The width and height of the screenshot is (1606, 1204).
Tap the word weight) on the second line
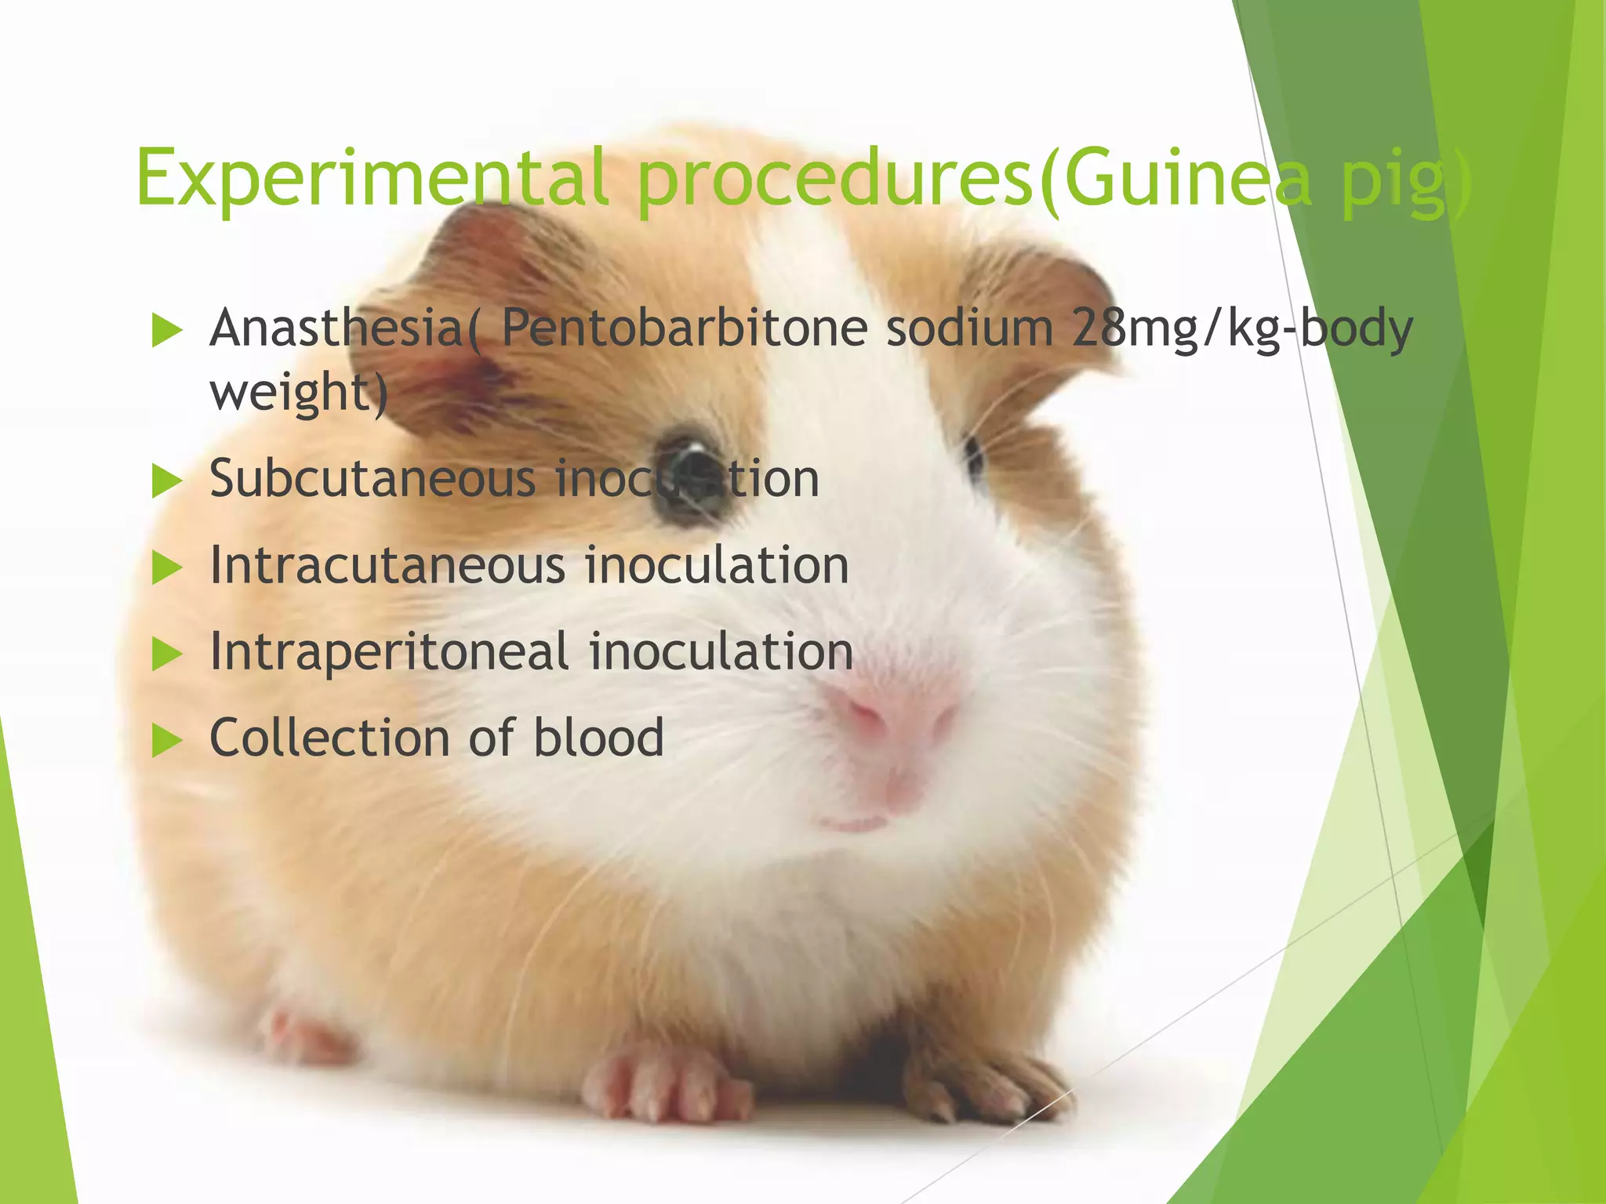tap(299, 392)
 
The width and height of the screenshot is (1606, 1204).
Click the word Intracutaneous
tap(387, 565)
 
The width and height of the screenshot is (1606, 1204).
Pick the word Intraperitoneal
tap(389, 652)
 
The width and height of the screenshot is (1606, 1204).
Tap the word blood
tap(598, 738)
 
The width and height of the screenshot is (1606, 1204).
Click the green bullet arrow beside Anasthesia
tap(167, 330)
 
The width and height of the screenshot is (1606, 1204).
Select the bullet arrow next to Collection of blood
tap(167, 740)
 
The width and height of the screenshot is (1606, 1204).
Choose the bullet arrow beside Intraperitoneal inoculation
tap(167, 654)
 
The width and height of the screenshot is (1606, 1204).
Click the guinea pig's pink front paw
tap(667, 1086)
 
